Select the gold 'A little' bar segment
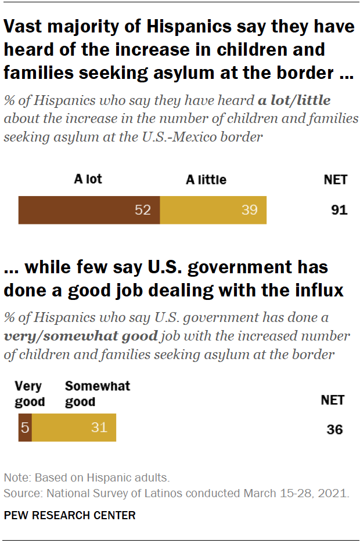pyautogui.click(x=213, y=210)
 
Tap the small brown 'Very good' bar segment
pyautogui.click(x=25, y=428)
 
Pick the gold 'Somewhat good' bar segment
pyautogui.click(x=74, y=428)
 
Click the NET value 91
pyautogui.click(x=339, y=210)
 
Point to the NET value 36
pyautogui.click(x=334, y=429)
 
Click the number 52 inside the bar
pyautogui.click(x=143, y=210)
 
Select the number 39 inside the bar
pyautogui.click(x=249, y=210)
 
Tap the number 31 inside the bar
pyautogui.click(x=99, y=428)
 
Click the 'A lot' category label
pyautogui.click(x=88, y=179)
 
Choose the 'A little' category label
pyautogui.click(x=206, y=180)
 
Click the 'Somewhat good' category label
pyautogui.click(x=97, y=394)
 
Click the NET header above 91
pyautogui.click(x=335, y=179)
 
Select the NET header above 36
pyautogui.click(x=333, y=400)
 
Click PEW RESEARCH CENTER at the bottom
pyautogui.click(x=70, y=515)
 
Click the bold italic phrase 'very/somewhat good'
pyautogui.click(x=81, y=336)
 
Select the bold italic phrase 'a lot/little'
pyautogui.click(x=294, y=100)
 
